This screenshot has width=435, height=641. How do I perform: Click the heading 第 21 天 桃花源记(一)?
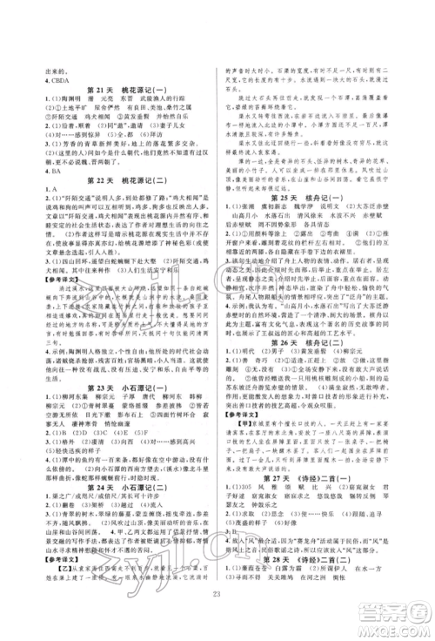(121, 91)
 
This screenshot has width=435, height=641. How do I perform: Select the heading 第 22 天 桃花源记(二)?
(121, 186)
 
